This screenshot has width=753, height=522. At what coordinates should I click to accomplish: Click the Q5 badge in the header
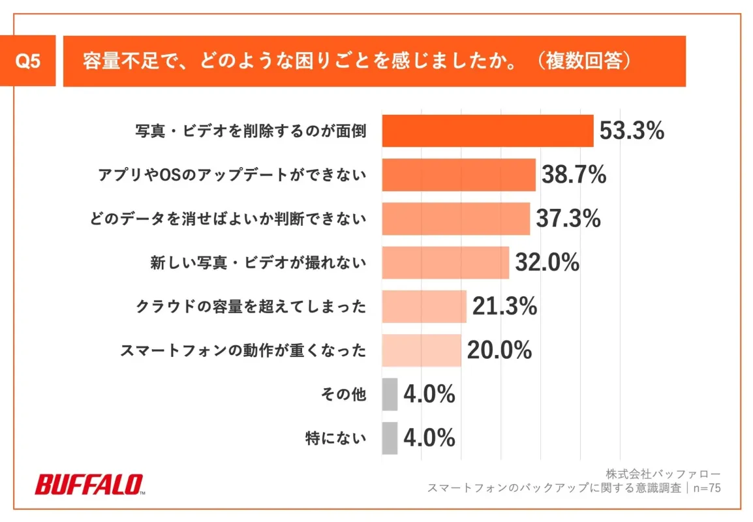pyautogui.click(x=27, y=61)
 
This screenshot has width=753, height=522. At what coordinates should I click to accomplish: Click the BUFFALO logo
pyautogui.click(x=89, y=485)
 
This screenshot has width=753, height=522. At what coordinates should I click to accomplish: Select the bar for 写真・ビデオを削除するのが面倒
pyautogui.click(x=487, y=131)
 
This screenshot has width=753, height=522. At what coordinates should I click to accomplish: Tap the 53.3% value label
pyautogui.click(x=632, y=131)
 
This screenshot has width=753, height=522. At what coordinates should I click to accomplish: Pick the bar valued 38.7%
pyautogui.click(x=458, y=175)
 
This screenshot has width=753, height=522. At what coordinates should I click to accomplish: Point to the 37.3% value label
pyautogui.click(x=568, y=219)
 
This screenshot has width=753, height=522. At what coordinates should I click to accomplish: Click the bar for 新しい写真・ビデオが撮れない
pyautogui.click(x=445, y=262)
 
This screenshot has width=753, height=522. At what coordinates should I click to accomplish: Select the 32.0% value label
pyautogui.click(x=547, y=262)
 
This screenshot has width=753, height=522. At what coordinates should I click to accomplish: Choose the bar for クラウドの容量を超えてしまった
pyautogui.click(x=423, y=307)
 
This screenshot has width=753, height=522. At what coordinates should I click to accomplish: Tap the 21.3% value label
pyautogui.click(x=504, y=307)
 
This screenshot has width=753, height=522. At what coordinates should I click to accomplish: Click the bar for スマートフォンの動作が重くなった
pyautogui.click(x=421, y=350)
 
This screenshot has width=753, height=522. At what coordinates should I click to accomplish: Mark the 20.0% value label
pyautogui.click(x=499, y=350)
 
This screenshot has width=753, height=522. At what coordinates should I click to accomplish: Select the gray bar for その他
pyautogui.click(x=390, y=394)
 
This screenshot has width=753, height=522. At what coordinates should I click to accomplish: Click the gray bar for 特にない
pyautogui.click(x=390, y=438)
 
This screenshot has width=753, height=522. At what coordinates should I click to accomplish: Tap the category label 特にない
pyautogui.click(x=336, y=438)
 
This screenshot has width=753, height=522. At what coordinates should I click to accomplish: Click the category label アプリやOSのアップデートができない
pyautogui.click(x=232, y=175)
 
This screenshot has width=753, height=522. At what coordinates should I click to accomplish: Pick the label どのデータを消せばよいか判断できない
pyautogui.click(x=228, y=219)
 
